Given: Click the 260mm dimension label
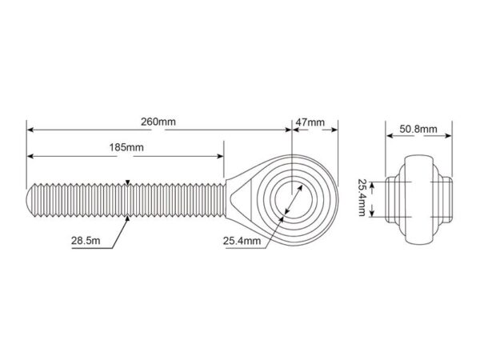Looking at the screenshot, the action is click(158, 122).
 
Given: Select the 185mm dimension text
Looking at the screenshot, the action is click(126, 147).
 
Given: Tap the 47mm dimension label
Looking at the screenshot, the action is click(310, 122).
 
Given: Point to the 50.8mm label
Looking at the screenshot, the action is click(418, 129).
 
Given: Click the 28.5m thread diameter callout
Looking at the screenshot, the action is click(86, 240).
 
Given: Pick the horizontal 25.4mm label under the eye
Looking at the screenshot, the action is click(242, 241).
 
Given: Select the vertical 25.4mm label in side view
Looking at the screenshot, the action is click(362, 198).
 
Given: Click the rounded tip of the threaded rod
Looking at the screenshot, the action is click(30, 200).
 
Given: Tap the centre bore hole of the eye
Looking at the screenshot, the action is click(294, 199).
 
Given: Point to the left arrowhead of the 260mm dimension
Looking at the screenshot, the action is click(30, 130).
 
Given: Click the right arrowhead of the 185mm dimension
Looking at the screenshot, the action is click(221, 157).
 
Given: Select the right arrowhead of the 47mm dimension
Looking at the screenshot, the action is click(334, 130).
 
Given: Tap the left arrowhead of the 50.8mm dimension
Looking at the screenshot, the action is click(390, 136).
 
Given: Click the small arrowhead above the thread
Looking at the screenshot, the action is click(128, 182).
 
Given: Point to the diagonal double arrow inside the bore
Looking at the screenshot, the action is click(294, 199).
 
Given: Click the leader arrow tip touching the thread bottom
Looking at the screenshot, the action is click(128, 217).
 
